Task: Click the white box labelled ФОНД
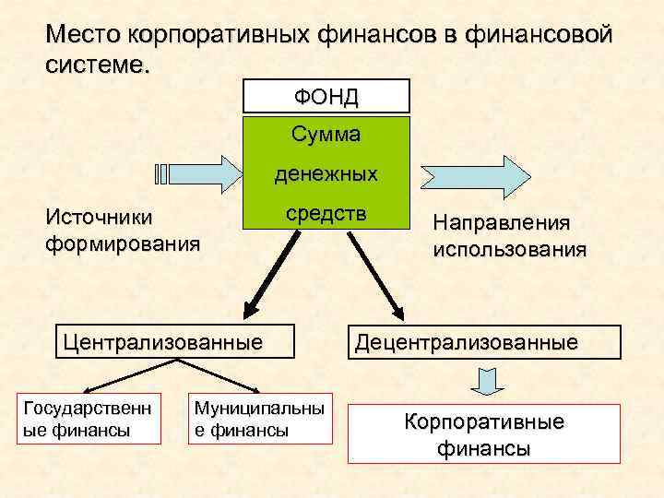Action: tap(326, 96)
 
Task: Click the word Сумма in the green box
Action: tap(326, 135)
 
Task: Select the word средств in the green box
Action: tap(326, 213)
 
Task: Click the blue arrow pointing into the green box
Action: tap(197, 173)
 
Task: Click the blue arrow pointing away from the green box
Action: tap(476, 173)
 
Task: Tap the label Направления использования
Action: tap(508, 236)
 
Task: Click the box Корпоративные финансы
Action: tap(483, 434)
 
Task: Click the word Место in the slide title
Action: tap(84, 36)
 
